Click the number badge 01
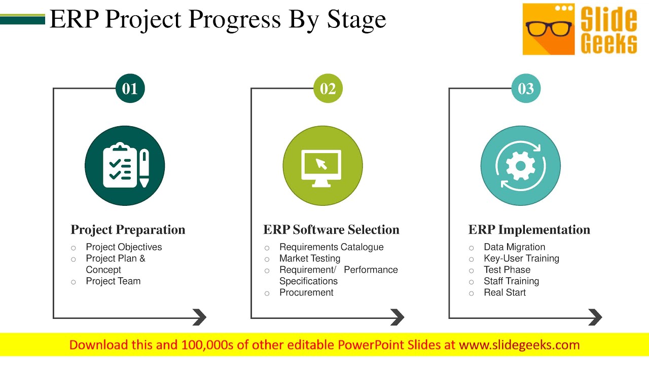tap(130, 89)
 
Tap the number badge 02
tap(328, 89)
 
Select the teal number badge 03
tap(526, 89)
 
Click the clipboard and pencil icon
tap(125, 166)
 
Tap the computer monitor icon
tap(322, 166)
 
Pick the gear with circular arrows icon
tap(520, 166)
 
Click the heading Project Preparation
tap(128, 230)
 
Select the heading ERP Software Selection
tap(331, 230)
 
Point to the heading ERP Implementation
tap(529, 230)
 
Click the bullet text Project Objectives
tap(124, 247)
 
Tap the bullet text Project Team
tap(113, 281)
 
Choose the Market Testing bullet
tap(310, 259)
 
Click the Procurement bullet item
tap(306, 293)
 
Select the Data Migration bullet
tap(514, 247)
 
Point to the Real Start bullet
tap(504, 293)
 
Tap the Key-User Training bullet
tap(521, 259)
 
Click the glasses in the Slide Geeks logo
tap(549, 28)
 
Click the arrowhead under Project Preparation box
tap(200, 317)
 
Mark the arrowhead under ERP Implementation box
tap(595, 317)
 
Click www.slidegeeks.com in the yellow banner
tap(519, 345)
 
